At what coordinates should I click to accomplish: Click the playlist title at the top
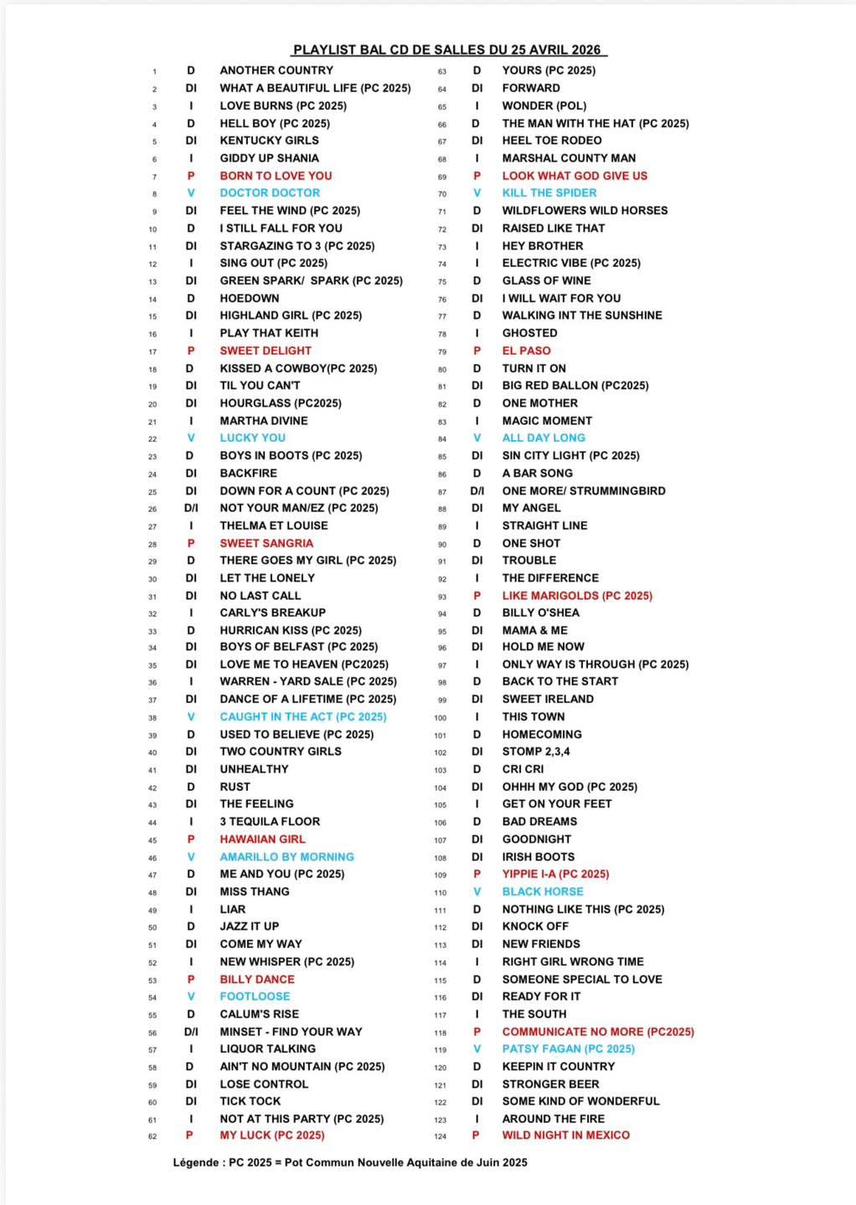pyautogui.click(x=450, y=50)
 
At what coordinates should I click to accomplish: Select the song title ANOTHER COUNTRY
pyautogui.click(x=276, y=70)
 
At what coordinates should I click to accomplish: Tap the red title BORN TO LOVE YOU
pyautogui.click(x=276, y=176)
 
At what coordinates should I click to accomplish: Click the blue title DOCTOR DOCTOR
pyautogui.click(x=270, y=192)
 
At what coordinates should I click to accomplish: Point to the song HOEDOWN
pyautogui.click(x=250, y=298)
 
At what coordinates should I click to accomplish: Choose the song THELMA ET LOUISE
pyautogui.click(x=274, y=526)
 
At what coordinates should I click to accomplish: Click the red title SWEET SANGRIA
pyautogui.click(x=266, y=543)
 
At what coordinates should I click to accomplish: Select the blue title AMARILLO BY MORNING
pyautogui.click(x=286, y=857)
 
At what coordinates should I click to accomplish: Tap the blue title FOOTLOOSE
pyautogui.click(x=255, y=997)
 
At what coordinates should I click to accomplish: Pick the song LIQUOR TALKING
pyautogui.click(x=268, y=1049)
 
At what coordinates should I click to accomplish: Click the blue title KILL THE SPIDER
pyautogui.click(x=549, y=192)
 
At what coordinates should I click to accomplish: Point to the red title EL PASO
pyautogui.click(x=526, y=351)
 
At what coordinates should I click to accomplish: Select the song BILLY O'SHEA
pyautogui.click(x=540, y=613)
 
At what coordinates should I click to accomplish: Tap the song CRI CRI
pyautogui.click(x=523, y=769)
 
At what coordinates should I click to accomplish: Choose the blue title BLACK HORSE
pyautogui.click(x=543, y=892)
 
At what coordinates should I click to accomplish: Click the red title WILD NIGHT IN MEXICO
pyautogui.click(x=565, y=1136)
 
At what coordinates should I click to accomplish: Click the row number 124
pyautogui.click(x=441, y=1136)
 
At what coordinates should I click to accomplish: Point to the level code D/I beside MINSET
pyautogui.click(x=191, y=1032)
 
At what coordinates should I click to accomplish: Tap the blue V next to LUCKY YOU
pyautogui.click(x=191, y=438)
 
